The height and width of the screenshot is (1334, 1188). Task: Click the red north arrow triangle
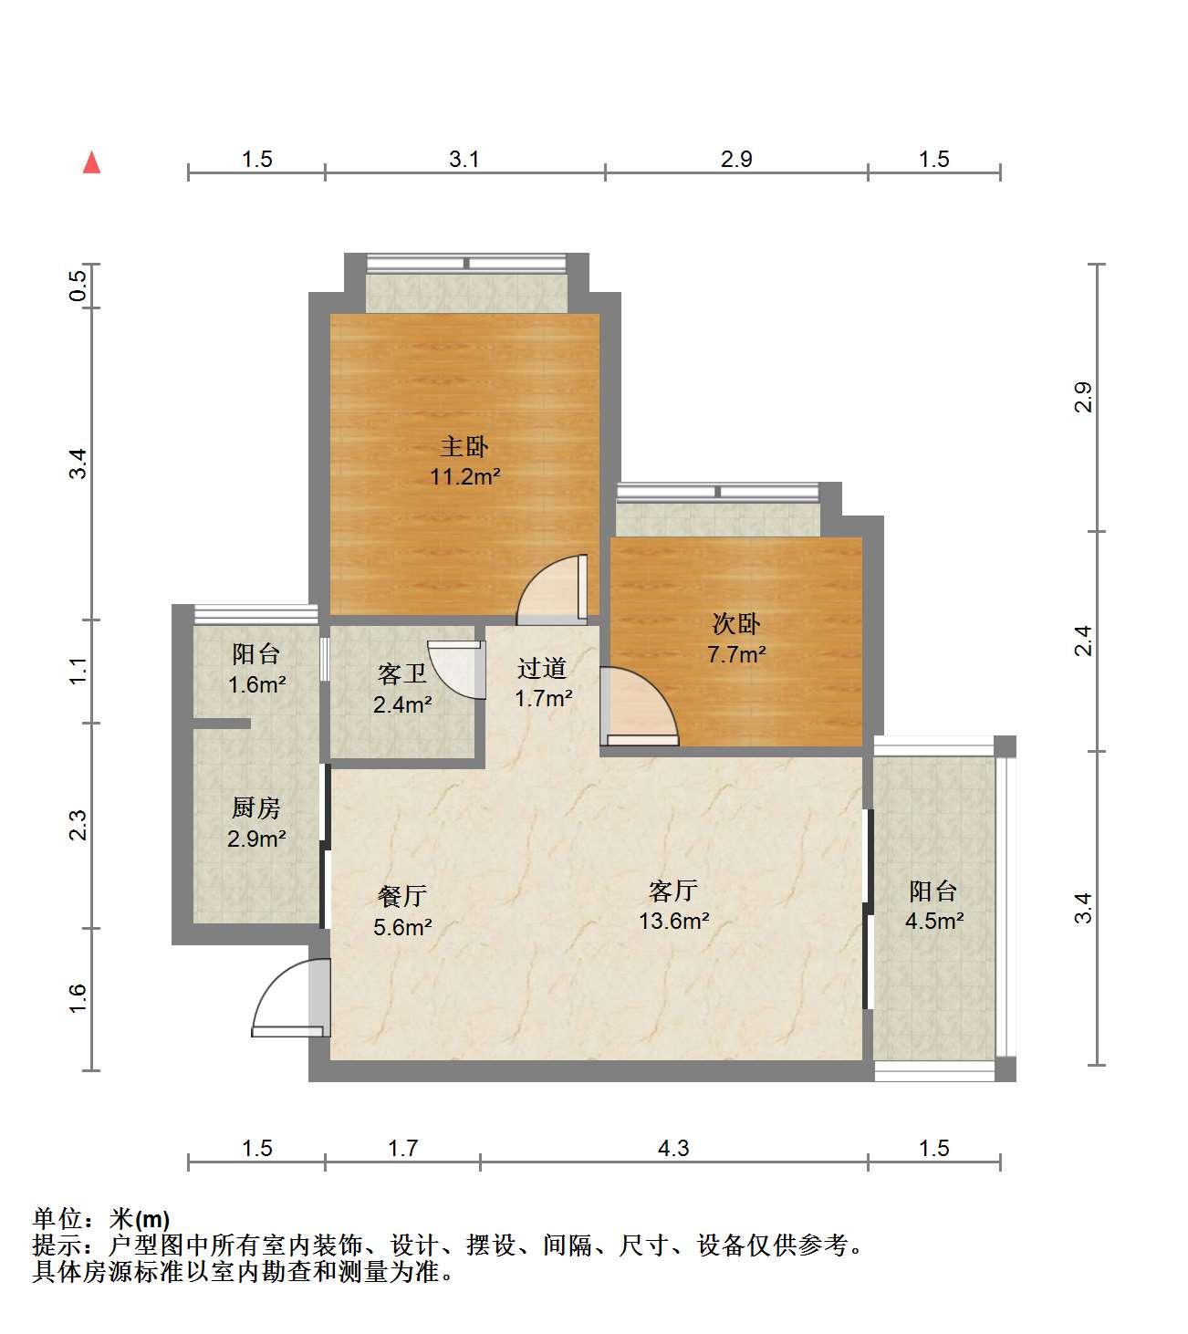point(91,162)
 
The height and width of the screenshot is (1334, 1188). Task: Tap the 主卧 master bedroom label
point(464,446)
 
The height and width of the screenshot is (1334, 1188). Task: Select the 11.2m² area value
point(465,476)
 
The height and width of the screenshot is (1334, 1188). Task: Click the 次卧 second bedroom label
point(736,623)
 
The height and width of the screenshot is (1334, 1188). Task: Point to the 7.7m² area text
point(736,654)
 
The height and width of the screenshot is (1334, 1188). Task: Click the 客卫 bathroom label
point(402,673)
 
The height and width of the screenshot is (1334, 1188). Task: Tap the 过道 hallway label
point(542,668)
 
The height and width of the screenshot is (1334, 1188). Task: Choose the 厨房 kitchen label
point(256,808)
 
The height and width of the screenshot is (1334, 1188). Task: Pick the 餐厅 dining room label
point(402,896)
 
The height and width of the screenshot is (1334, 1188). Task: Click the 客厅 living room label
point(673,891)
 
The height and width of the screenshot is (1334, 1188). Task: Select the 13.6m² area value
point(673,921)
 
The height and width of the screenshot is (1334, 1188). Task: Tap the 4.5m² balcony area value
point(933,921)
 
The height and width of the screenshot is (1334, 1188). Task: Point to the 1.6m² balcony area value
point(256,684)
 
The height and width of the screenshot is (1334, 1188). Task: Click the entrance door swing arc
point(271,985)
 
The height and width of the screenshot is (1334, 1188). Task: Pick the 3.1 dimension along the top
point(464,160)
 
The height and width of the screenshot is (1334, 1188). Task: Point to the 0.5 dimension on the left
point(78,286)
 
